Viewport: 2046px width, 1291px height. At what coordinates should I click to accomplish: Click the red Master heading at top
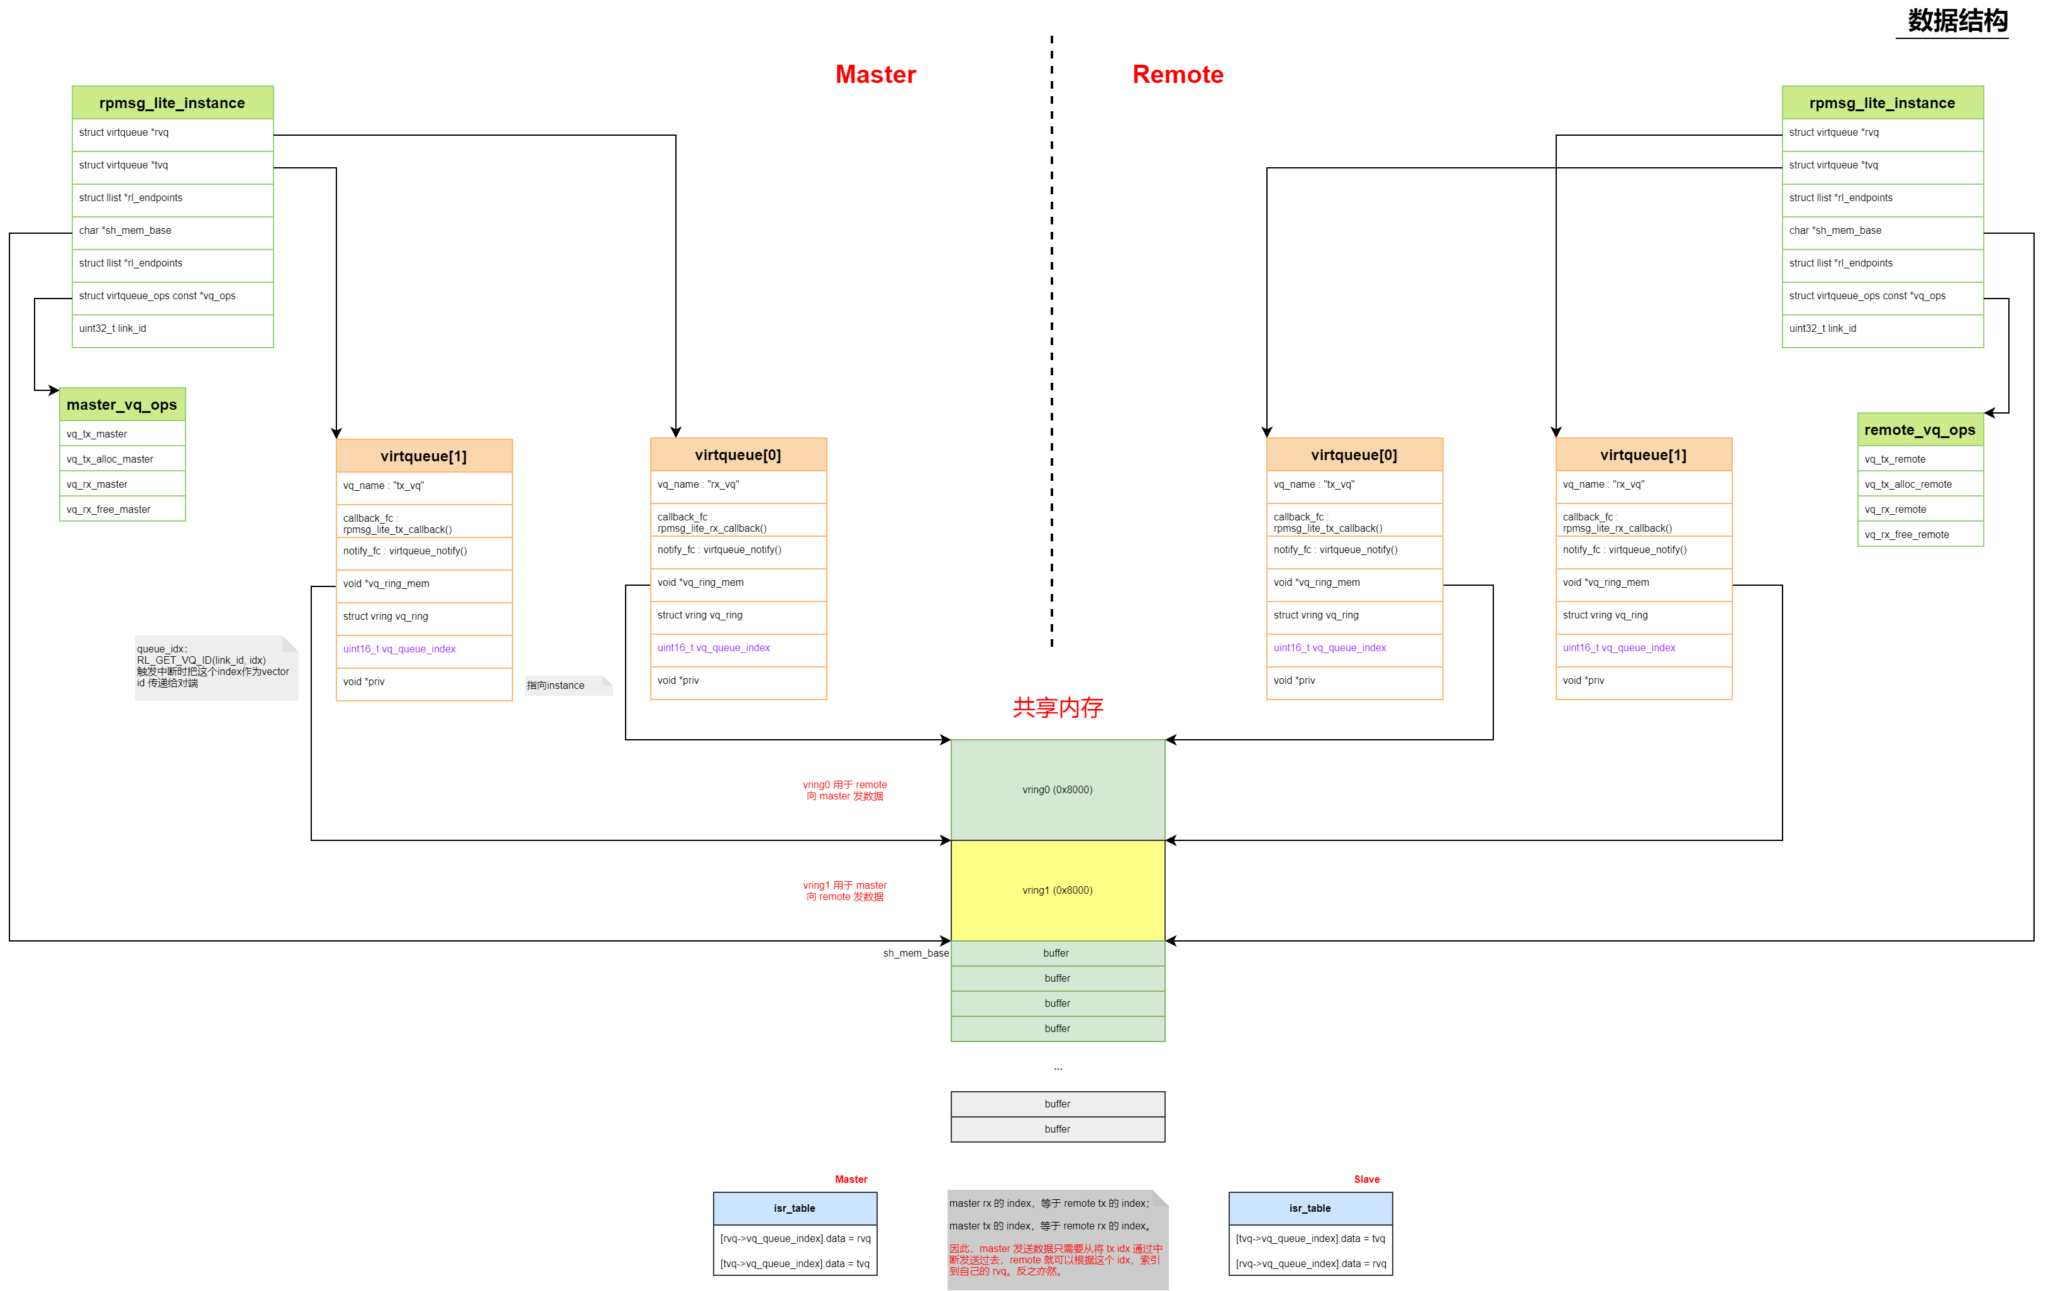875,75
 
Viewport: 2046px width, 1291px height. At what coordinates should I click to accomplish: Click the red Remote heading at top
1177,75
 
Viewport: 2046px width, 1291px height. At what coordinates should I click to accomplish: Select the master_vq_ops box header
121,405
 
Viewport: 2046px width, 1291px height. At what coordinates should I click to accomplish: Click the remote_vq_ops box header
1920,430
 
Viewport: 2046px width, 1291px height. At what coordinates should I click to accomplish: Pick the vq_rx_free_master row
121,510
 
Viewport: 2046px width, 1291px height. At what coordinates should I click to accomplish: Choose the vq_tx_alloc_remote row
1920,484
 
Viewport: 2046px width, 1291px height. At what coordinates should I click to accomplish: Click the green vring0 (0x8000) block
1057,790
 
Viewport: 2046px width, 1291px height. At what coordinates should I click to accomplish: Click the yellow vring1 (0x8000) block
1057,890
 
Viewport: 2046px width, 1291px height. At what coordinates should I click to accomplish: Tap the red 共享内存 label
1057,708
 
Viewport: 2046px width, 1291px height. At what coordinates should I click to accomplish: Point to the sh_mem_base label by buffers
915,953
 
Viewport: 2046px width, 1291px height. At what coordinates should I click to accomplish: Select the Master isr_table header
794,1208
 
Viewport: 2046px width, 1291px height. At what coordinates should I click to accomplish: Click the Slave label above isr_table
1366,1179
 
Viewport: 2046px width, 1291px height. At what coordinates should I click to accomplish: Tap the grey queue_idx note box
216,667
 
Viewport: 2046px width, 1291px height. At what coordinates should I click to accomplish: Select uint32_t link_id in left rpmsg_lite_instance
172,329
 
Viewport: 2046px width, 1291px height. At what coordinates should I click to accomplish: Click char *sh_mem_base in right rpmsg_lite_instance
1882,230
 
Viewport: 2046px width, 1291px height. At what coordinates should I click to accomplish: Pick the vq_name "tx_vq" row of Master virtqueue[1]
423,486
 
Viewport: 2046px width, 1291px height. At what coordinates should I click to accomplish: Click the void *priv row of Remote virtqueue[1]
1642,680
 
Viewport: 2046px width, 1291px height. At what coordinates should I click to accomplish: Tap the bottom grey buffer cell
1057,1129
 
